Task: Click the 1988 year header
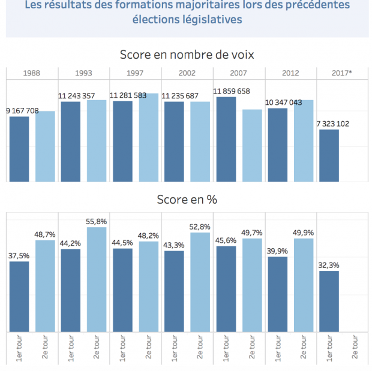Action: point(32,73)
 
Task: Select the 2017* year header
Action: point(342,73)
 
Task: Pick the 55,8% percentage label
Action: point(97,222)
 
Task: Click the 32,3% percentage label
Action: point(329,266)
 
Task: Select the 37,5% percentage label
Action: point(19,256)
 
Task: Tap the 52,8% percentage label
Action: point(200,227)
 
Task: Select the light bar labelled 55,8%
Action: point(97,279)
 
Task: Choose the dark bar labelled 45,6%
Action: point(226,288)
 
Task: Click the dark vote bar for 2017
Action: point(329,155)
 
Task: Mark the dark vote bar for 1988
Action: point(19,149)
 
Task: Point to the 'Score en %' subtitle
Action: point(186,200)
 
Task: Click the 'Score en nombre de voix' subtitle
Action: point(186,55)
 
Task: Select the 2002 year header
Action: point(187,73)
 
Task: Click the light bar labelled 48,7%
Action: point(45,285)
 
